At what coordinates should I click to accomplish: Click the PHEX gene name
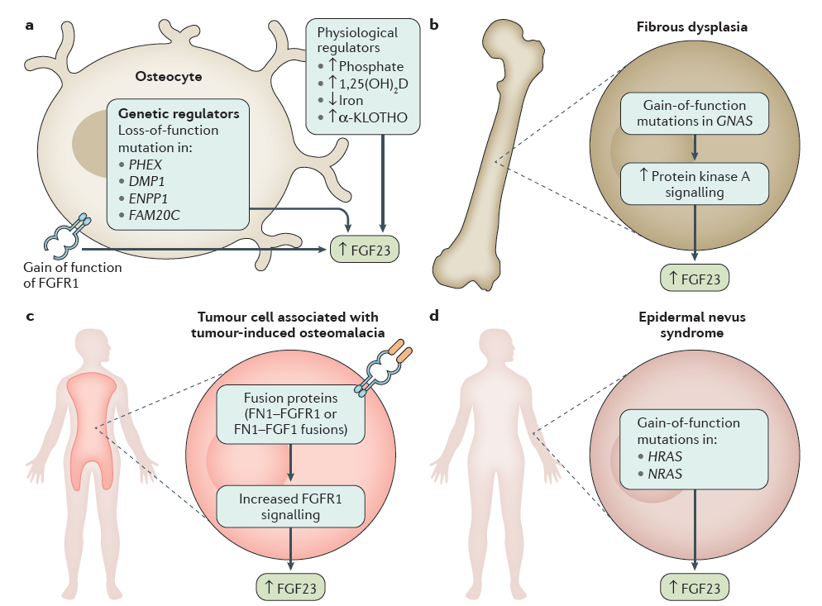pos(146,165)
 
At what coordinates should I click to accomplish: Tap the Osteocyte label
pos(168,77)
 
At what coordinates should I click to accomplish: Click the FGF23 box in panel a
pos(365,250)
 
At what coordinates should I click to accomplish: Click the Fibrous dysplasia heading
pos(692,27)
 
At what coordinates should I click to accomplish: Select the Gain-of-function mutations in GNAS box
pos(695,113)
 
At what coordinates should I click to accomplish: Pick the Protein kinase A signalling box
pos(695,184)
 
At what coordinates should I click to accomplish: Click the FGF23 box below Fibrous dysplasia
pos(695,279)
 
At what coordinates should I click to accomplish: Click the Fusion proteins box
pos(290,414)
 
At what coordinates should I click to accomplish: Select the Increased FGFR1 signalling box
pos(290,507)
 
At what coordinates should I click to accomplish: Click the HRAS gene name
pos(665,456)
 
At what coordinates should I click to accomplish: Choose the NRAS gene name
pos(665,474)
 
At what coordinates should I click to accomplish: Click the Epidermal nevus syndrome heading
pos(692,325)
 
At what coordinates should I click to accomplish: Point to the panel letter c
pos(30,316)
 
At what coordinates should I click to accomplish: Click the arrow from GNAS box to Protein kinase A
pos(695,148)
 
